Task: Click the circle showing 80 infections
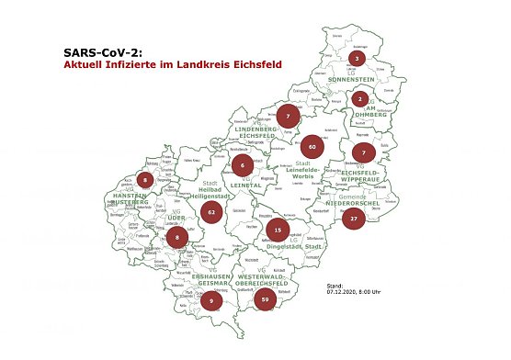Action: click(312, 146)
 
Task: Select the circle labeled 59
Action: click(265, 298)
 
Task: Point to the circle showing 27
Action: click(355, 218)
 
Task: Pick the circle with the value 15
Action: click(277, 230)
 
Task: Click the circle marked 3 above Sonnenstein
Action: click(357, 59)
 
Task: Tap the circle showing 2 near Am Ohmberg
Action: click(361, 98)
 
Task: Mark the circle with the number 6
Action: click(242, 166)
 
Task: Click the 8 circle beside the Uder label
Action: click(177, 237)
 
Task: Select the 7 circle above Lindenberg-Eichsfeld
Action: click(288, 117)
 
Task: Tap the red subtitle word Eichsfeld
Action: click(255, 65)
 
